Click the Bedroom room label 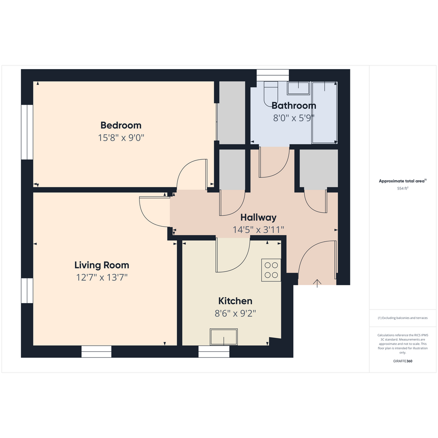[x=121, y=126]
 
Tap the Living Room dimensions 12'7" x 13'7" [x=102, y=277]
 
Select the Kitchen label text [x=235, y=301]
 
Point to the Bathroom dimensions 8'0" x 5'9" [x=294, y=118]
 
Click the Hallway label [x=258, y=217]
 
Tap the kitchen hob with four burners [x=271, y=270]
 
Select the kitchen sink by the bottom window [x=224, y=337]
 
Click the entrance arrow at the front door [x=317, y=283]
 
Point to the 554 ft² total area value [x=402, y=189]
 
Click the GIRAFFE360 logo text [x=402, y=361]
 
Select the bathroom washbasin [x=298, y=88]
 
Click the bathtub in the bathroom [x=324, y=113]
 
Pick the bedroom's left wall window [x=27, y=132]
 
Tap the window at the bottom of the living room [x=96, y=351]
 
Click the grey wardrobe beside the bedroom [x=232, y=113]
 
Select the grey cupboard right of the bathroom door [x=319, y=168]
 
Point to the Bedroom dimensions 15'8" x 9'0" [x=121, y=138]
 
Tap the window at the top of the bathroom [x=273, y=76]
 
